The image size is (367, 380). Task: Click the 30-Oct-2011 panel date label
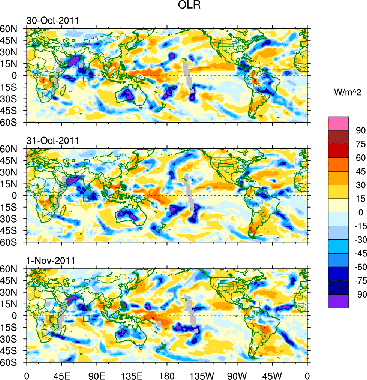coord(52,21)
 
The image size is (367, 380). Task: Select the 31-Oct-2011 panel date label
coord(52,141)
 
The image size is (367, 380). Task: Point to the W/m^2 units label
coord(348,92)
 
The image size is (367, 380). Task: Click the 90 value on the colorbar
coord(360,130)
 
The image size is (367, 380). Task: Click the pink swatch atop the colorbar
coord(338,123)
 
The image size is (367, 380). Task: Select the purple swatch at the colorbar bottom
coord(338,301)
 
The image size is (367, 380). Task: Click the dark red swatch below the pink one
coord(338,137)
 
